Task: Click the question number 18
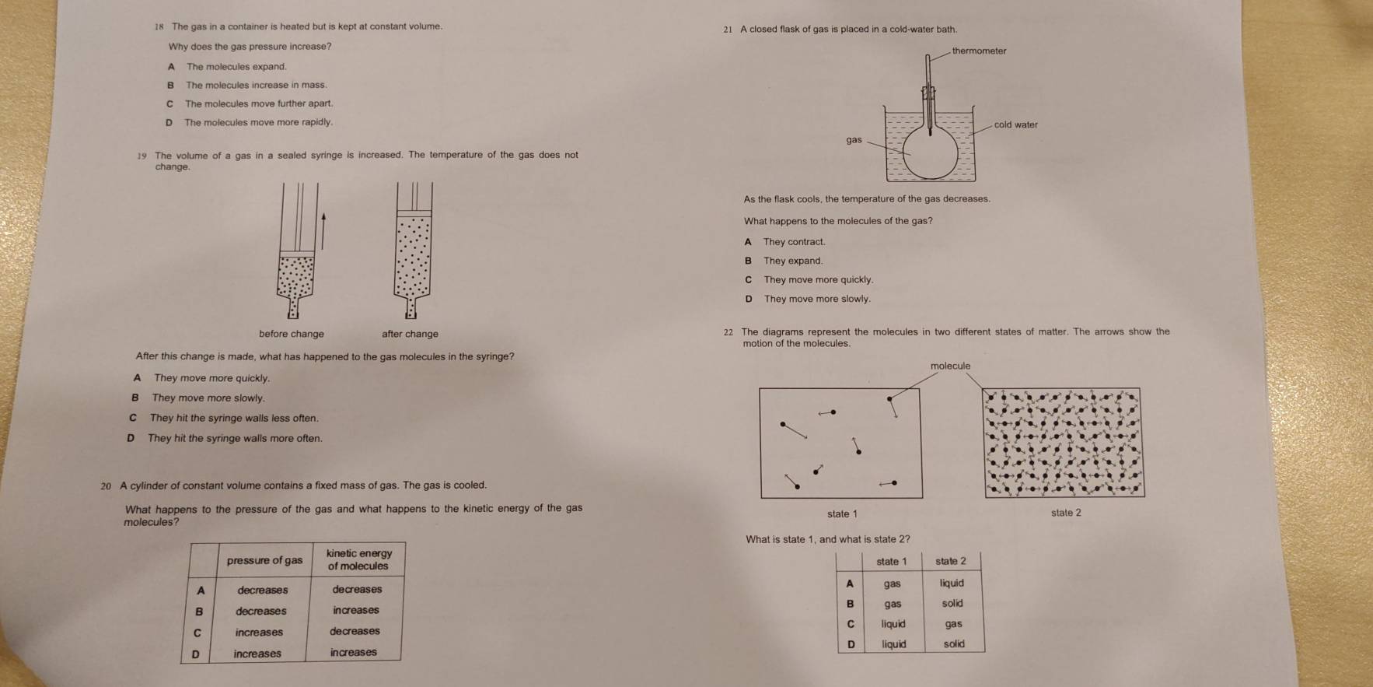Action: [159, 27]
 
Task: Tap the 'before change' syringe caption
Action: [292, 334]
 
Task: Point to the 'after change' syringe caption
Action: [410, 334]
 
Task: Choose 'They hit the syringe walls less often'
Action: [233, 419]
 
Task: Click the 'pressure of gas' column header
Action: [264, 560]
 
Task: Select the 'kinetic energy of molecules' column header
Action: [358, 559]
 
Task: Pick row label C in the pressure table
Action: [197, 633]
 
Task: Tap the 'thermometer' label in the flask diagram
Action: [979, 51]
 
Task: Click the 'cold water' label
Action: [1015, 124]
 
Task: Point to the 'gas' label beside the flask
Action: [854, 140]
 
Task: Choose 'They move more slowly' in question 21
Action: [816, 299]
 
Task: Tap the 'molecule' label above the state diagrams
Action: [950, 366]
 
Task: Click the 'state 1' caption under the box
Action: [842, 513]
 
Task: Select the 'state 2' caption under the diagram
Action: [1066, 513]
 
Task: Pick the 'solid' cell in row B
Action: [952, 604]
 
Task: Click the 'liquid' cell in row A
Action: [952, 583]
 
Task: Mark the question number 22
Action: [728, 332]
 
